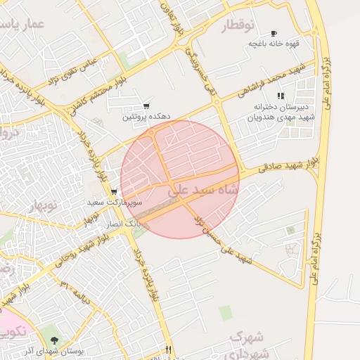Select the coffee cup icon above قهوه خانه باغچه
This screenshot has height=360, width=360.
[x=274, y=33]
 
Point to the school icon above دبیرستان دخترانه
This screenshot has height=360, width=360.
[x=280, y=95]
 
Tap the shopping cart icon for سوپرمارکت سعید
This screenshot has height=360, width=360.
[x=114, y=191]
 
